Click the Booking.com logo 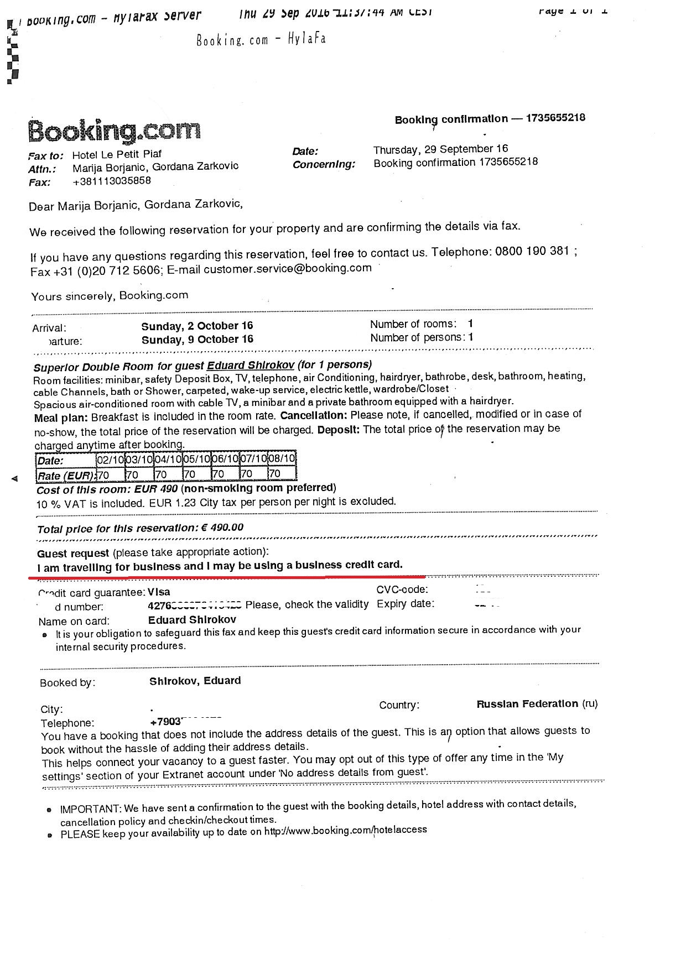point(115,131)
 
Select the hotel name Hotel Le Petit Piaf point(117,154)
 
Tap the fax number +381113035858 point(111,181)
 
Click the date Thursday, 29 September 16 point(440,149)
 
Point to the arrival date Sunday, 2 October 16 point(197,326)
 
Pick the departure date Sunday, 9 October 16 point(197,340)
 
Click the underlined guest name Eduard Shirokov point(251,366)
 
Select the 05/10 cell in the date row point(196,460)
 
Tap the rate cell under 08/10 point(281,473)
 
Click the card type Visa point(159,592)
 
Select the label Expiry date point(405,604)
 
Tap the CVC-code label point(402,590)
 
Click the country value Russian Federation point(527,704)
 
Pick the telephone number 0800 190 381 point(532,252)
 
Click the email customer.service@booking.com point(288,269)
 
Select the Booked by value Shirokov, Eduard point(195,681)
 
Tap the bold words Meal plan point(61,418)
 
